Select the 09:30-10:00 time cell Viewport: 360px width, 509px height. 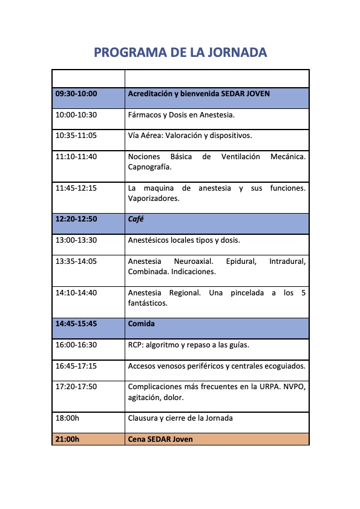[76, 94]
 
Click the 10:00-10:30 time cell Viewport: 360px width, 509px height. [76, 114]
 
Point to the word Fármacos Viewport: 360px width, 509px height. [143, 114]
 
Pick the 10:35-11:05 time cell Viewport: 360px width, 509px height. [76, 136]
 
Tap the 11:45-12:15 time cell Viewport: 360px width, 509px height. [76, 188]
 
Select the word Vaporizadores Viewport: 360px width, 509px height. [154, 199]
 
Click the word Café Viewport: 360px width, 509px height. [136, 219]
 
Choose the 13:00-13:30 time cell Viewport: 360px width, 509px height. [76, 240]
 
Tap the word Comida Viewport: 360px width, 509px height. [142, 324]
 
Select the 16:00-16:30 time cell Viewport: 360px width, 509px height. [76, 345]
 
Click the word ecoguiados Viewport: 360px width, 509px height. [285, 366]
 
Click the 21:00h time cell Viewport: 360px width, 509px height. [67, 439]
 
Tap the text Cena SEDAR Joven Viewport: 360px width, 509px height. [160, 439]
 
